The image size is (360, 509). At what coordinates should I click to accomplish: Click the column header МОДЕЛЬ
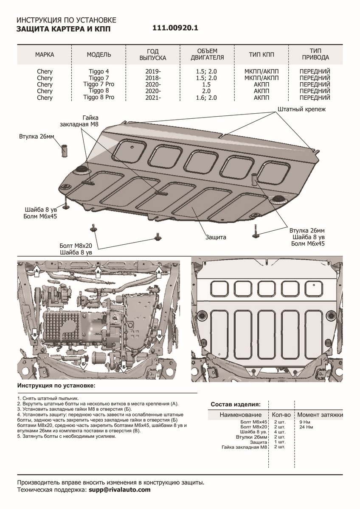[99, 55]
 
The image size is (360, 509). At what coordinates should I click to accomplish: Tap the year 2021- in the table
[152, 98]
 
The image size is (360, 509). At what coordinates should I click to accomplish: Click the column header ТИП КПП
[261, 55]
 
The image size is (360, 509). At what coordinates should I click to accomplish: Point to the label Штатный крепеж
[301, 109]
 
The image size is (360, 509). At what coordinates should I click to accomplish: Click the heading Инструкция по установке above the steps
[56, 386]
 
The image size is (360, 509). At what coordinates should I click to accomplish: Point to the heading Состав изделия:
[236, 404]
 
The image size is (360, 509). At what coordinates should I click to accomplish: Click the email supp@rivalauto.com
[120, 489]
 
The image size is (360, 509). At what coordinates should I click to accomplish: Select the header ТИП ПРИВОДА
[315, 53]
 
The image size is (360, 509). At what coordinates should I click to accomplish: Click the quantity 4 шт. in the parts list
[279, 432]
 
